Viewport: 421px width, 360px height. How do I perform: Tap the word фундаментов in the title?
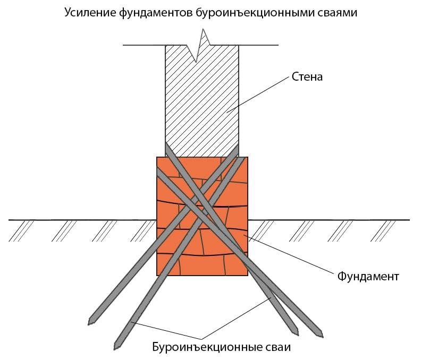156,13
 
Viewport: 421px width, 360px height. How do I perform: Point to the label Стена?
307,76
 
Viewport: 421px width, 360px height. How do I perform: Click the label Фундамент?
368,277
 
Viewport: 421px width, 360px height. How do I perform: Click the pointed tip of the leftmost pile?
90,323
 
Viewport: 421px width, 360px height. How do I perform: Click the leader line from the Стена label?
258,94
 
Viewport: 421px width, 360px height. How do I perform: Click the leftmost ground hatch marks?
21,231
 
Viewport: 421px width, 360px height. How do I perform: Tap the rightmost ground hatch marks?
383,231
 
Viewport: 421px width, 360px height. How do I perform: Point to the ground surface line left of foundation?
82,220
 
